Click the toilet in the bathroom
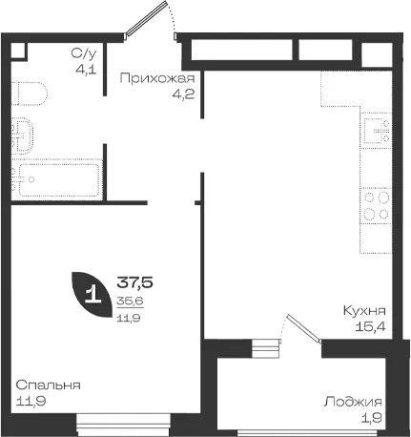tap(30, 94)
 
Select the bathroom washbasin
tap(23, 135)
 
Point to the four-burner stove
tap(376, 205)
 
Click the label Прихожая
tap(157, 78)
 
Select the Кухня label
tap(364, 310)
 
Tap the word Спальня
tap(48, 385)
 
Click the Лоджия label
tap(353, 402)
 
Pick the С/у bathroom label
tap(84, 53)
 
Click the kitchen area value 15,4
tap(370, 326)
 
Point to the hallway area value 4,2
tap(183, 94)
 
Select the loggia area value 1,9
tap(372, 418)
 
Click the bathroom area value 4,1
tap(86, 70)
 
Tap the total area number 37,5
tap(135, 282)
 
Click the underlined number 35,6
tap(131, 301)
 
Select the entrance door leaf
tap(146, 19)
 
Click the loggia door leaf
tap(304, 328)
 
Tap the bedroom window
tap(124, 425)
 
